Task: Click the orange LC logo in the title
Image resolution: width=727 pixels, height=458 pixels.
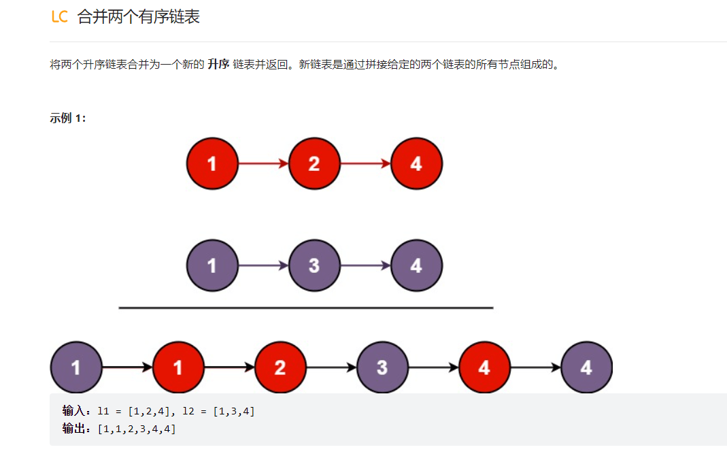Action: coord(60,17)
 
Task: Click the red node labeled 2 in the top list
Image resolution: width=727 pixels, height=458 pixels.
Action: coord(314,163)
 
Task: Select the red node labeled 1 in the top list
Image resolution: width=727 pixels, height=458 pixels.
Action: coord(212,163)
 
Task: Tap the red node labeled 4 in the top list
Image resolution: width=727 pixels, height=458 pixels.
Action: coord(416,163)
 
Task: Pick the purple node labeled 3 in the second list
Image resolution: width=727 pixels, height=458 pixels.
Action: coord(314,265)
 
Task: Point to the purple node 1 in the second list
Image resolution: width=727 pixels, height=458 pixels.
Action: coord(212,265)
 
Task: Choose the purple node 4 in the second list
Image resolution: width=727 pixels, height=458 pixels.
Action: coord(416,265)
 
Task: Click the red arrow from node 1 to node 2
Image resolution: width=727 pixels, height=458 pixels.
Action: coord(263,163)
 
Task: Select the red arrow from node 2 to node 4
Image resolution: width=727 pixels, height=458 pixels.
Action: coord(365,163)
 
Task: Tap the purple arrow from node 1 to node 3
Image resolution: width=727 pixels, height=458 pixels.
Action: coord(263,265)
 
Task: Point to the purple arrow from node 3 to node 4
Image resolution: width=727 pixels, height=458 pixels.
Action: coord(365,265)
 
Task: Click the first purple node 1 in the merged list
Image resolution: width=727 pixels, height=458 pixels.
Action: coord(75,367)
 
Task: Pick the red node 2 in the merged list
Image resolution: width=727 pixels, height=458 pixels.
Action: coord(280,367)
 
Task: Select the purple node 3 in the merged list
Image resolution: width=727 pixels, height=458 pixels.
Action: coord(382,367)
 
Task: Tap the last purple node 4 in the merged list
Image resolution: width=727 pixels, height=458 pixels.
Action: coord(586,367)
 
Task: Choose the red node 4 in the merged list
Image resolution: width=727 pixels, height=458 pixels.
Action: coord(484,367)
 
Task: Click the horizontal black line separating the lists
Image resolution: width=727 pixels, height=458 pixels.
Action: coord(306,308)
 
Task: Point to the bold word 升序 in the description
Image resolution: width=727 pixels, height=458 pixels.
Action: coord(218,65)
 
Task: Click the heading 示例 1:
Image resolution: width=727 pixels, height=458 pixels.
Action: coord(68,118)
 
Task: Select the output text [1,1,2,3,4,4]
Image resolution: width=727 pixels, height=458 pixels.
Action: coord(137,429)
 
